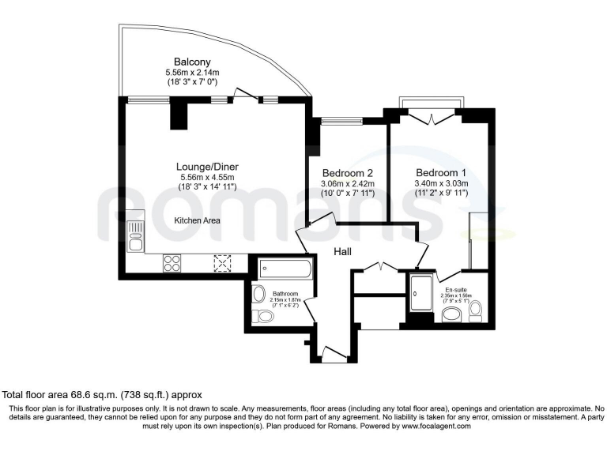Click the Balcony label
[192, 62]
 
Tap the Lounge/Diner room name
[207, 167]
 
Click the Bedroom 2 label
[347, 173]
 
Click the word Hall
[341, 251]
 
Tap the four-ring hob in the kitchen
[173, 263]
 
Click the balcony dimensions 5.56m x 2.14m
[192, 72]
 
